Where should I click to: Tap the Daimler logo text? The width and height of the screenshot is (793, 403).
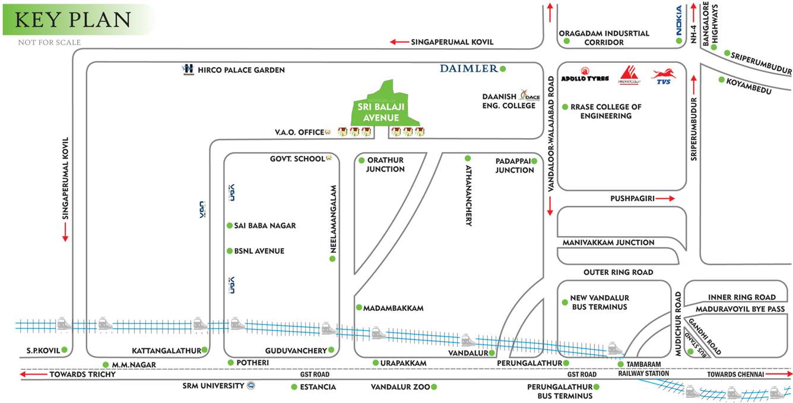[469, 69]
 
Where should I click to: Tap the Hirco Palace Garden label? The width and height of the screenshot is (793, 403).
[242, 70]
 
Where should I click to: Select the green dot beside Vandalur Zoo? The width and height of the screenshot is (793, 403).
[434, 387]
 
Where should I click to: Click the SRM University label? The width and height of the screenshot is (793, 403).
[213, 386]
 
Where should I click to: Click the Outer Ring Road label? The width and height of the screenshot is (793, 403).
[618, 272]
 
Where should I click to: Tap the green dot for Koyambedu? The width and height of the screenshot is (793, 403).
[721, 80]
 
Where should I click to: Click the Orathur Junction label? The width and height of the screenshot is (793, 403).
[385, 164]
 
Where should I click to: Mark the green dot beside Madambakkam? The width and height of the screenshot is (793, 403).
[359, 307]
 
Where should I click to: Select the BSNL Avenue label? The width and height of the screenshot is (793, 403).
[259, 251]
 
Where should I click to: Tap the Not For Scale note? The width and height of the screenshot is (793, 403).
[49, 43]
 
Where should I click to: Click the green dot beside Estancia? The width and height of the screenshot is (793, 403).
[294, 387]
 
